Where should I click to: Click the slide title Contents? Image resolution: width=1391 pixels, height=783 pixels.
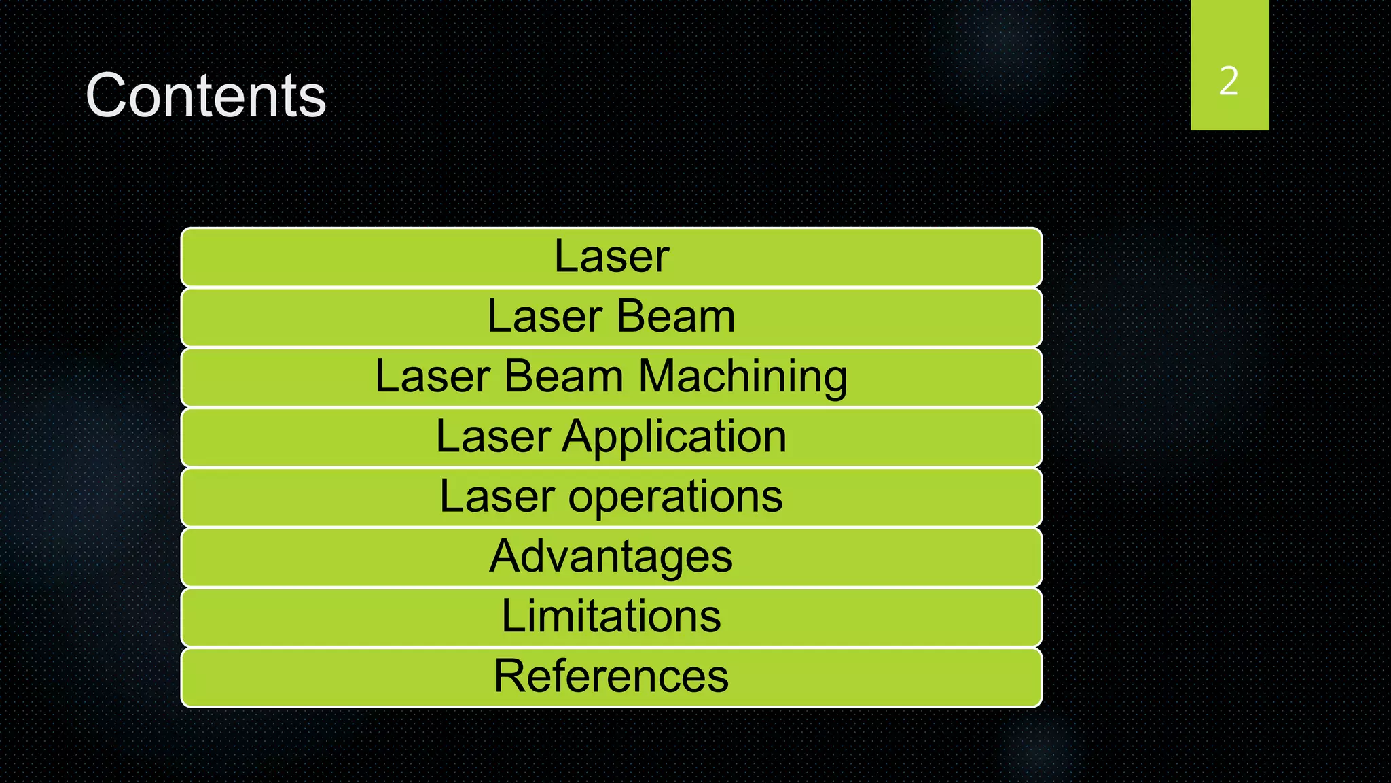[x=206, y=96]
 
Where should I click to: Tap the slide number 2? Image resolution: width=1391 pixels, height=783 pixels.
[x=1229, y=81]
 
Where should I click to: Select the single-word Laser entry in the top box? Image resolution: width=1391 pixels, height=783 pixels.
[x=611, y=256]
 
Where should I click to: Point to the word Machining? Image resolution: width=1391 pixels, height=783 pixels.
[x=743, y=377]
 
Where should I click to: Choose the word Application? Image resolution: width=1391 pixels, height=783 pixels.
[x=674, y=436]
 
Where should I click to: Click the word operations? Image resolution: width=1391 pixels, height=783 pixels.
[x=675, y=496]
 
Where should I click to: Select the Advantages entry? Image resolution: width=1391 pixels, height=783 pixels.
[x=611, y=556]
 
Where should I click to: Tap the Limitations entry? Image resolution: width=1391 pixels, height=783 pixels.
[x=611, y=616]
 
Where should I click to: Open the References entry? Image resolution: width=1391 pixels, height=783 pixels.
[x=611, y=676]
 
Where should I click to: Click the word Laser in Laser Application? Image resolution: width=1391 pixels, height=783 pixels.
[x=492, y=436]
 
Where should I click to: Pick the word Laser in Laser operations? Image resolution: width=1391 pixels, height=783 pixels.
[x=496, y=496]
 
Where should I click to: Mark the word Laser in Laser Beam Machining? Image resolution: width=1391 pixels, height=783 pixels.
[x=432, y=377]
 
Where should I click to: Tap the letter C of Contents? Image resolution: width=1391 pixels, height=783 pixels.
[x=107, y=96]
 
